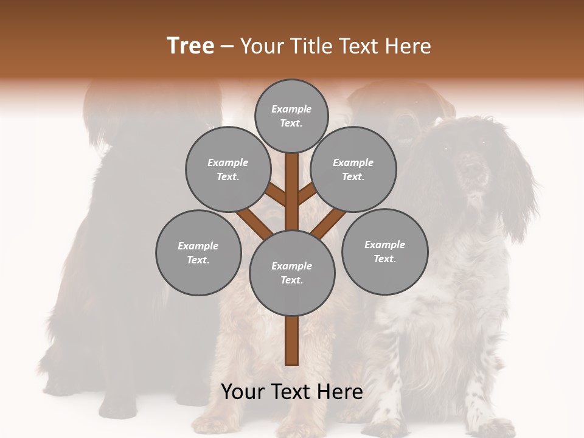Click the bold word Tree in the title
pos(190,46)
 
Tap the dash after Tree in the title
pos(227,47)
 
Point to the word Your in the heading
pos(263,46)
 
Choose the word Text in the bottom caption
pos(290,392)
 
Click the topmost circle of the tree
pos(291,116)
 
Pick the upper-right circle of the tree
pos(353,169)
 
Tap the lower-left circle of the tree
pos(198,252)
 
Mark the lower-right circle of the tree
pos(384,251)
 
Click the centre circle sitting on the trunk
pos(292,273)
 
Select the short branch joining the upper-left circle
pos(276,195)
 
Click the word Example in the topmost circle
pos(291,109)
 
